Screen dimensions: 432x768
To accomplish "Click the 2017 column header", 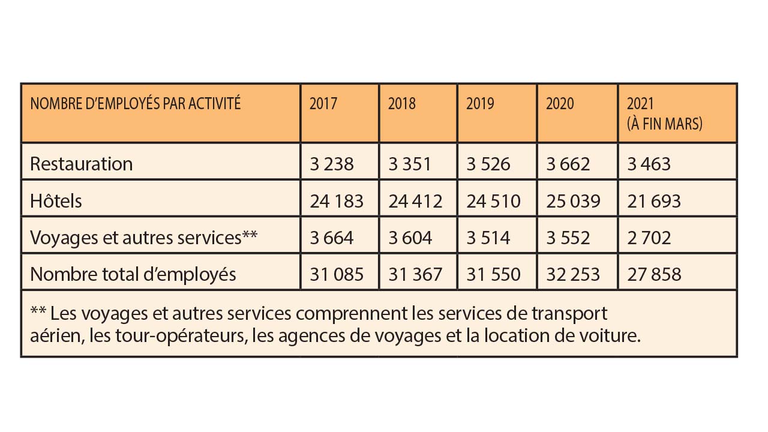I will coord(323,104).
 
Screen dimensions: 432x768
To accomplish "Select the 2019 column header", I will coord(480,104).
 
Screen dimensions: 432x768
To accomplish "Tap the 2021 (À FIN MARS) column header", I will coord(664,113).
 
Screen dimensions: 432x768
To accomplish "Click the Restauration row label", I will coord(81,164).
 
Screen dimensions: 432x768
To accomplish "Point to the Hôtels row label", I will coord(56,201).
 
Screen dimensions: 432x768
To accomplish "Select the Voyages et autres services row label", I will coord(143,238).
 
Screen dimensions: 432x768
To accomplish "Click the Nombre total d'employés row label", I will coord(133,274).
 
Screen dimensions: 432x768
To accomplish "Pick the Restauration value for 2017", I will coord(332,164).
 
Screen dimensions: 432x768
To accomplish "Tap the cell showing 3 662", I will coord(568,164).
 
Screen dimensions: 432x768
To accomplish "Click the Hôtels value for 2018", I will coord(415,201).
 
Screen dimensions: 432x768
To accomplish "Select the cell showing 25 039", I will coord(573,201).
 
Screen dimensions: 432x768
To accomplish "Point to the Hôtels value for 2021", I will coord(653,201).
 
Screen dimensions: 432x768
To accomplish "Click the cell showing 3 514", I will coord(488,238).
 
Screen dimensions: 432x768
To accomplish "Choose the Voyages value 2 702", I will coord(649,238).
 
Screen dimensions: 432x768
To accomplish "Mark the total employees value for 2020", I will coord(573,274).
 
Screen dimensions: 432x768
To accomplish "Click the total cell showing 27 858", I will coord(653,274).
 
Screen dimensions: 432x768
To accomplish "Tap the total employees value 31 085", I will coord(337,274).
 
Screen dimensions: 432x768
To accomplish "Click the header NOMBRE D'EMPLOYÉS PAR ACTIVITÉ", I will coord(135,104).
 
